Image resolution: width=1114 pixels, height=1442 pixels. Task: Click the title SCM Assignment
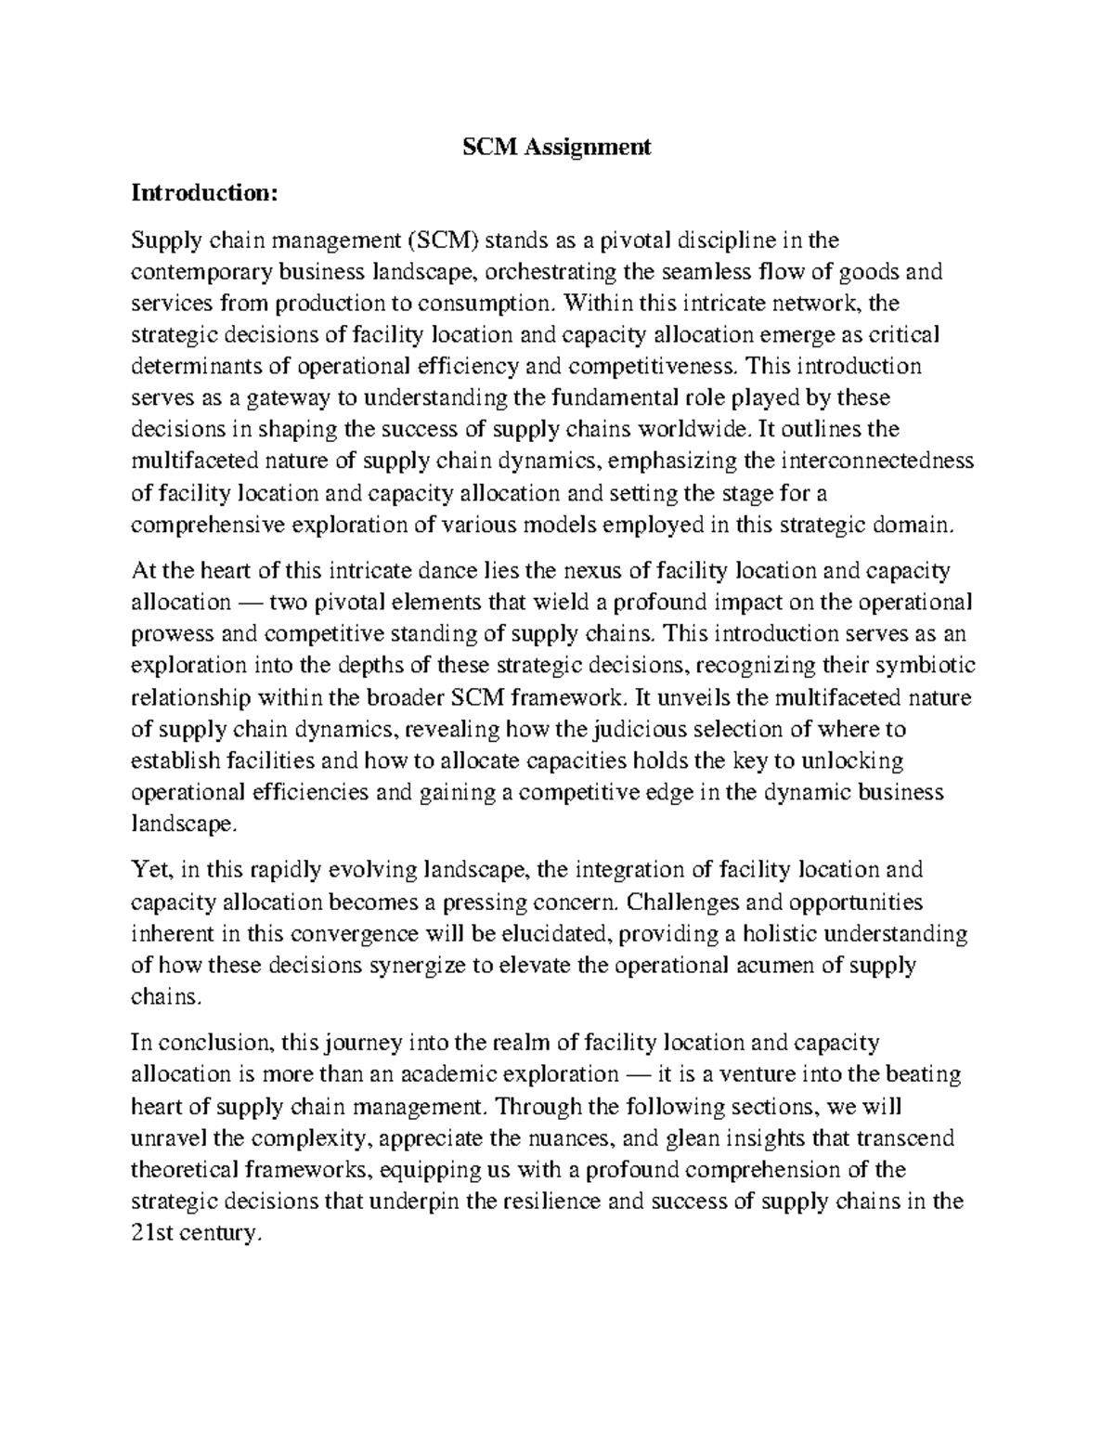pyautogui.click(x=557, y=147)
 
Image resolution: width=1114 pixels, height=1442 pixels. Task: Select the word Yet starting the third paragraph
pyautogui.click(x=149, y=870)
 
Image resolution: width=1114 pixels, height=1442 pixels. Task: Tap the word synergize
pyautogui.click(x=420, y=965)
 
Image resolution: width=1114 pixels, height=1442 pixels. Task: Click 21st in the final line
pyautogui.click(x=154, y=1234)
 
